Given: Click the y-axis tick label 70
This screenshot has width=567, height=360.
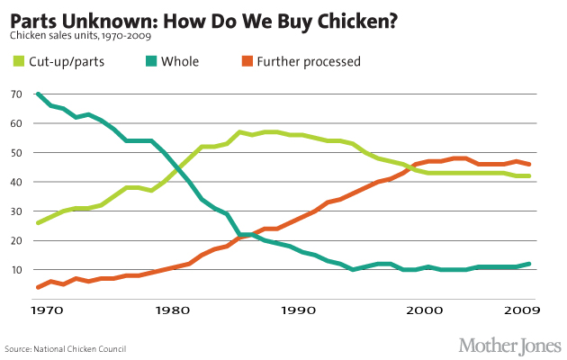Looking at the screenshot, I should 16,94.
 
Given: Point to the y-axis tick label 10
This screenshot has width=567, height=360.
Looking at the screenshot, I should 16,270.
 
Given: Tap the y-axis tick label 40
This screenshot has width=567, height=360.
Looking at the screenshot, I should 16,182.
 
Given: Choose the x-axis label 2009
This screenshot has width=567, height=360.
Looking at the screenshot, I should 521,310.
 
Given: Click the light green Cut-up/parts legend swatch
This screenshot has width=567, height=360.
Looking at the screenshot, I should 18,62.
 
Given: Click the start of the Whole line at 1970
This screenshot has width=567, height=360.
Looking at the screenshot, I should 38,94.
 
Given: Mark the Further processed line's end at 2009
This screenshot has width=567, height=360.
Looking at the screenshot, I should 526,165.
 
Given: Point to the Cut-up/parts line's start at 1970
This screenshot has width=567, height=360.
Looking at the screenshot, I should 38,222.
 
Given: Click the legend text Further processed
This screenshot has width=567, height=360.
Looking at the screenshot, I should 309,62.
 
